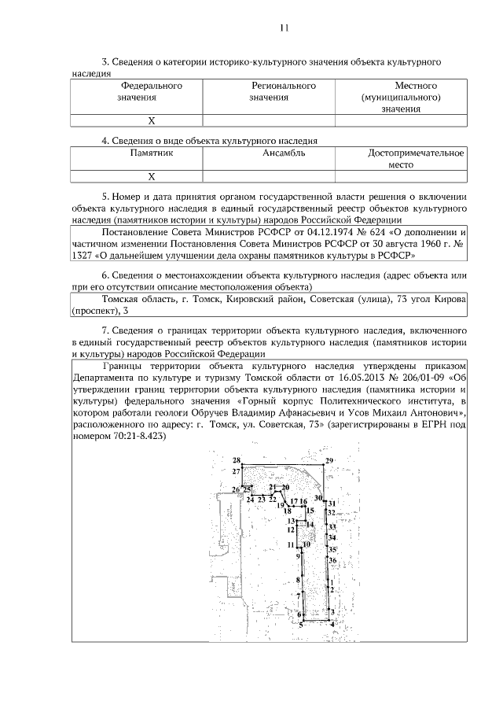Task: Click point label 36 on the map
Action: [332, 560]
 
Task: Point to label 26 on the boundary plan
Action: [235, 490]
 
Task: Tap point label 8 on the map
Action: [298, 581]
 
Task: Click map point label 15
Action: [310, 511]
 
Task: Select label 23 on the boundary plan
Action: [262, 500]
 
